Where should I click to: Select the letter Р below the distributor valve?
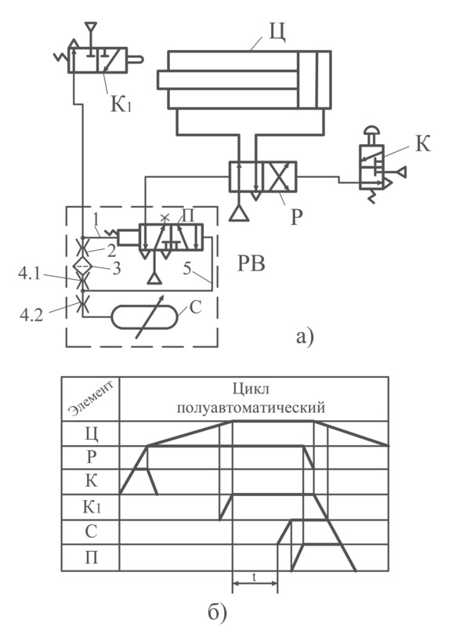296,217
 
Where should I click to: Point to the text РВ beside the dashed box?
251,265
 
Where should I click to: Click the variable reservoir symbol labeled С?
144,318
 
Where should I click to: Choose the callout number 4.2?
31,314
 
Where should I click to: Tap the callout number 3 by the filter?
117,269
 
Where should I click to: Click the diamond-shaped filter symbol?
83,265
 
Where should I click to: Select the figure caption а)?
305,336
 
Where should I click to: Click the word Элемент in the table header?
89,397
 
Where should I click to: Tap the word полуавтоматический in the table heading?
251,408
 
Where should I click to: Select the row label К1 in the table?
91,506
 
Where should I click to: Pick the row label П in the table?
91,557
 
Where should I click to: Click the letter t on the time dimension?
255,577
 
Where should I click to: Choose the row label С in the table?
91,531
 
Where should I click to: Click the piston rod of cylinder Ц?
228,80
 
